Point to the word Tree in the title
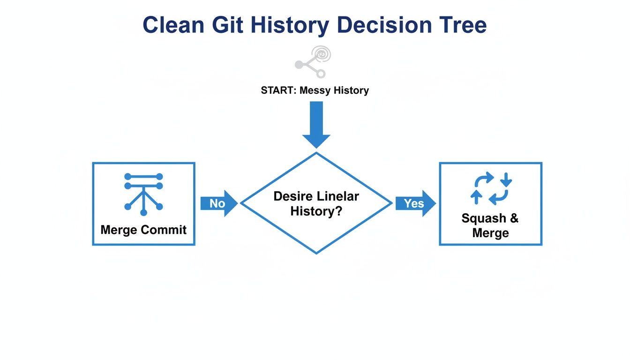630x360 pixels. tap(462, 25)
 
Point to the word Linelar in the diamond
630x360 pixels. tap(338, 196)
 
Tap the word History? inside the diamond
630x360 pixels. tap(316, 211)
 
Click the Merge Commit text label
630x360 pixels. tap(143, 230)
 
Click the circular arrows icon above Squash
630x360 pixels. tap(491, 188)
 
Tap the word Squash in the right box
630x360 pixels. tap(483, 218)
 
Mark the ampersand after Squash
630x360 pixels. tap(514, 218)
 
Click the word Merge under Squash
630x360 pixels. tap(490, 233)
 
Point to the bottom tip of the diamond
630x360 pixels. tap(316, 253)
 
